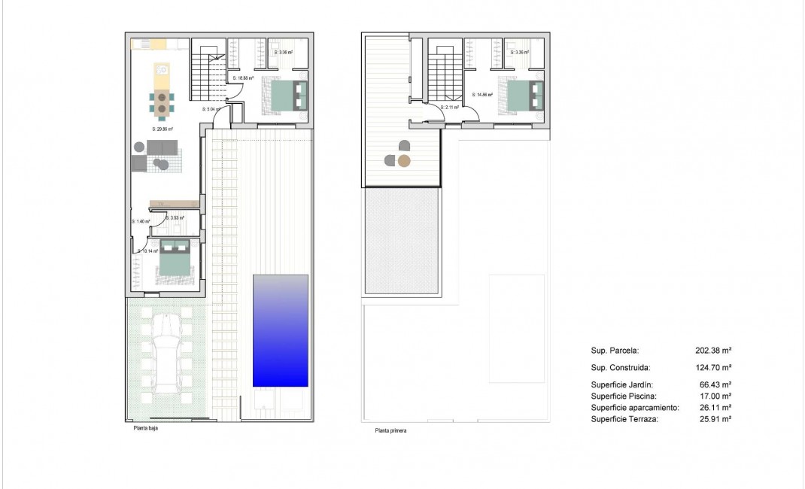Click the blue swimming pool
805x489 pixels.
[281, 330]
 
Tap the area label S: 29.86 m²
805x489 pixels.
[163, 129]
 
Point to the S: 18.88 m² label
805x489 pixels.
[243, 77]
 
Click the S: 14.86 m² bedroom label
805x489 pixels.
[482, 95]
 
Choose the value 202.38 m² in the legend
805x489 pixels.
[713, 351]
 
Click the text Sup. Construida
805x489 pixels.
[620, 368]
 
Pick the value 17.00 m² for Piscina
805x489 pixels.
[715, 396]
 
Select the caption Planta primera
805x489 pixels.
[391, 431]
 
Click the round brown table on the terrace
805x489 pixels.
[404, 160]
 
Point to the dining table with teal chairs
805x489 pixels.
[162, 103]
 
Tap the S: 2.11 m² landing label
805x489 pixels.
[449, 108]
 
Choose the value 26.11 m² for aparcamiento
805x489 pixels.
[715, 407]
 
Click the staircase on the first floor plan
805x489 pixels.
[445, 75]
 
